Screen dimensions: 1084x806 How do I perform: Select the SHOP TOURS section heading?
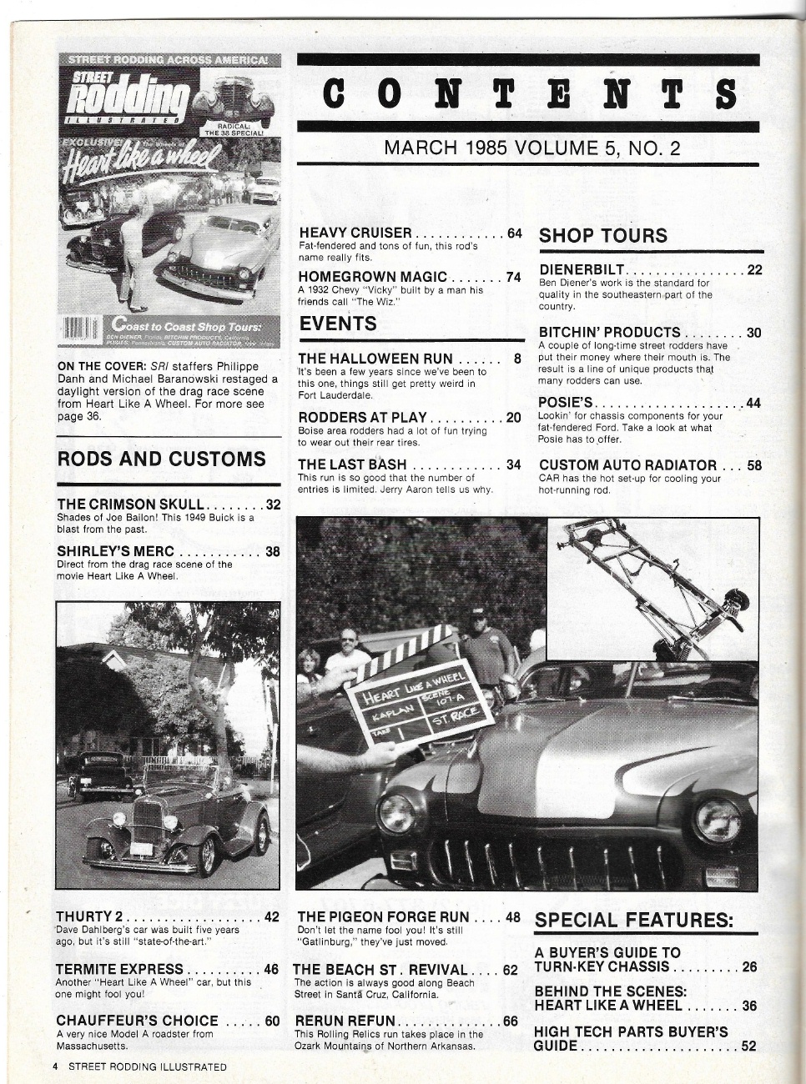(603, 236)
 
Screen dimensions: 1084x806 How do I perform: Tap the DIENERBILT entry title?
(582, 269)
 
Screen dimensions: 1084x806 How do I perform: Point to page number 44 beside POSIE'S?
(753, 403)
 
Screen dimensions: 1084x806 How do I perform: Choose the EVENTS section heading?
(338, 324)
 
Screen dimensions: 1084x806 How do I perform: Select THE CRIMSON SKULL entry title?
(131, 504)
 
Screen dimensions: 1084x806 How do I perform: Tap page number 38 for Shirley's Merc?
(272, 551)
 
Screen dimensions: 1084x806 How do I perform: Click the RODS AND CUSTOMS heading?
(162, 459)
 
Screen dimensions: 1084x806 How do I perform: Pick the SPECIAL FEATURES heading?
(634, 921)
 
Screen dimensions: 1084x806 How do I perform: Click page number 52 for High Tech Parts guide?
(748, 1046)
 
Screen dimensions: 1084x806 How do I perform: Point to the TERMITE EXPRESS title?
(119, 969)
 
